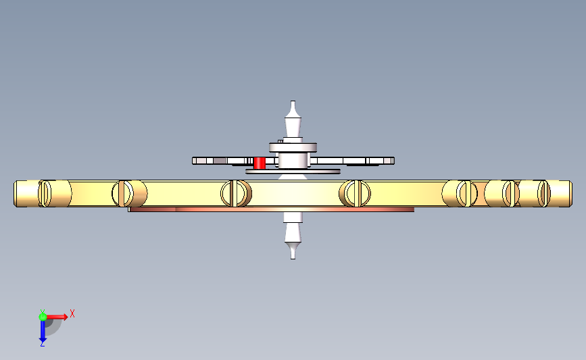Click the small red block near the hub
click(x=260, y=163)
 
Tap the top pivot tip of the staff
click(x=293, y=101)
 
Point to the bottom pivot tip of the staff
click(x=293, y=258)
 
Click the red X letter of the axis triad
click(x=72, y=313)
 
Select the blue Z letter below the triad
click(x=42, y=344)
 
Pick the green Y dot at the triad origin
click(x=43, y=317)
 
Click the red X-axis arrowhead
click(x=66, y=317)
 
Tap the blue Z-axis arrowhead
click(x=43, y=340)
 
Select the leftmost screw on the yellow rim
click(x=45, y=193)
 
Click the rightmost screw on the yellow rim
click(x=544, y=193)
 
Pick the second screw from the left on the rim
click(x=122, y=193)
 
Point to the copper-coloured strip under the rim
click(x=271, y=209)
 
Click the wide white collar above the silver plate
click(x=293, y=147)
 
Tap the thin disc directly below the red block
click(x=293, y=172)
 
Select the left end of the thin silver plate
click(x=194, y=161)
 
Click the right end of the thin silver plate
click(x=393, y=161)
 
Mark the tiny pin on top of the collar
click(x=280, y=141)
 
